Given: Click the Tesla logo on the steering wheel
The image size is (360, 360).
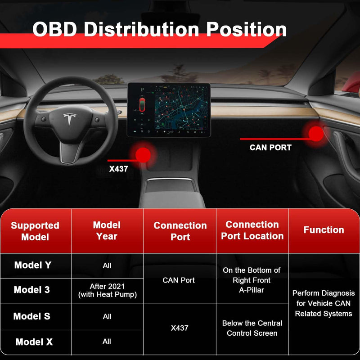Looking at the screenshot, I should pyautogui.click(x=69, y=120).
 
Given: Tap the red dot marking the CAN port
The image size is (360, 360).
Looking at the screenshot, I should pyautogui.click(x=316, y=132).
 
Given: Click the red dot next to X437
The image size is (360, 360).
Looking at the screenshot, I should pyautogui.click(x=143, y=155).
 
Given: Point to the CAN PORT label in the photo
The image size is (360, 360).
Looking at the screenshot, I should pyautogui.click(x=270, y=147).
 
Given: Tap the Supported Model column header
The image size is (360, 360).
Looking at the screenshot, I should pyautogui.click(x=35, y=231).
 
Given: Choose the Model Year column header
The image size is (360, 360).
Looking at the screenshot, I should pyautogui.click(x=107, y=230).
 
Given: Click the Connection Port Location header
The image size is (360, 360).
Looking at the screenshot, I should pyautogui.click(x=252, y=230).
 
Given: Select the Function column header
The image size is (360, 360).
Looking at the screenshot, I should pyautogui.click(x=324, y=230).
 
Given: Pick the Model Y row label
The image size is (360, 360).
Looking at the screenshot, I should pyautogui.click(x=33, y=265).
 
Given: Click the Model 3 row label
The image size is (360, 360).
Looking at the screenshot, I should pyautogui.click(x=32, y=290).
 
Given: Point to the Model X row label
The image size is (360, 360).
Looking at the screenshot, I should pyautogui.click(x=34, y=342).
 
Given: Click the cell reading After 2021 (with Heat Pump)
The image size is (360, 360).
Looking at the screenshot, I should pyautogui.click(x=107, y=290).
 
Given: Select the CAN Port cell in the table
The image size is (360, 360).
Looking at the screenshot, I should pyautogui.click(x=179, y=280).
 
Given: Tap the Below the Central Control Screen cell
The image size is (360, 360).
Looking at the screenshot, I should pyautogui.click(x=252, y=328).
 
